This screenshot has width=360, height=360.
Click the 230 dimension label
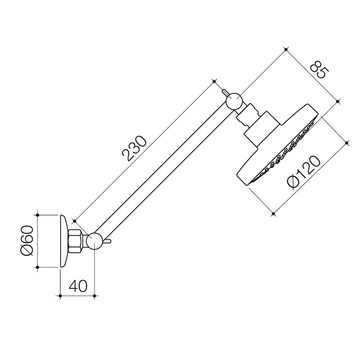134,149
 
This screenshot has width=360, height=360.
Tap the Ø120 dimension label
303,172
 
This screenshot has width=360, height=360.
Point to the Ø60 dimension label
27,240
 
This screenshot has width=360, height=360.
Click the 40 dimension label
78,285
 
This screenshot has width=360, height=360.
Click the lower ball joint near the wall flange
95,241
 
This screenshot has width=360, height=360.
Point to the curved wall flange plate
64,241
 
